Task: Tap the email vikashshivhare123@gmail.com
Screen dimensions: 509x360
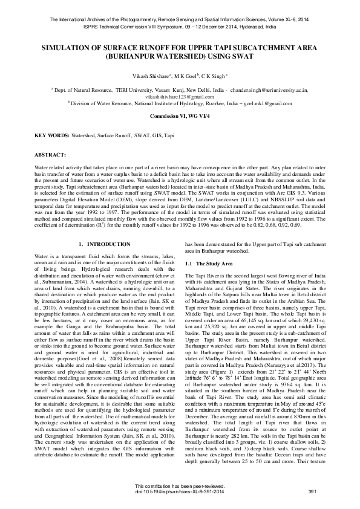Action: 180,96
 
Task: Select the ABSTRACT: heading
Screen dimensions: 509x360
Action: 51,155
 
